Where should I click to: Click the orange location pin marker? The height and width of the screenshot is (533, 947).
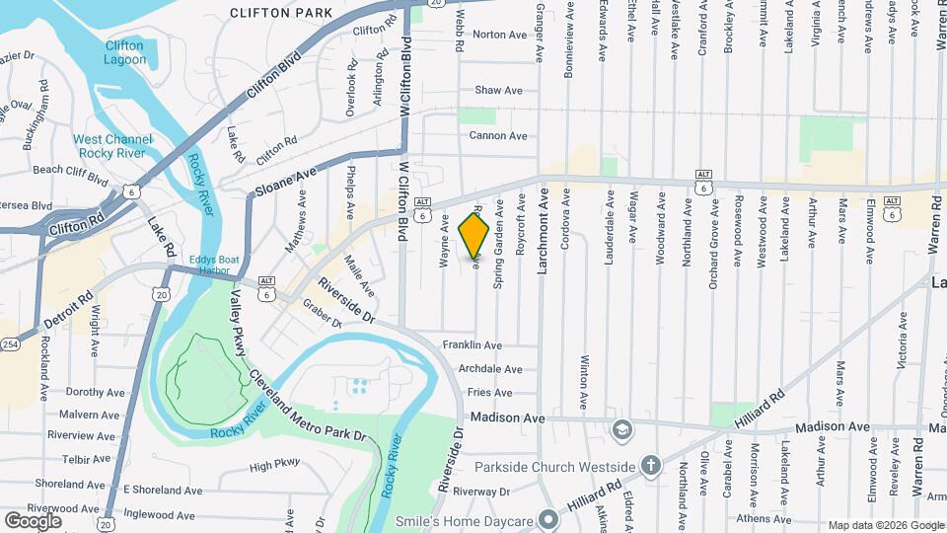coord(474,235)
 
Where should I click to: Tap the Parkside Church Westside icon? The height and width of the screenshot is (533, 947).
coord(650,465)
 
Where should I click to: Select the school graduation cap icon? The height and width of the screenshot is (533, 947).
coord(621,429)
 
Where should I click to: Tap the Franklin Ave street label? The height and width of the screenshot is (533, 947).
coord(472,345)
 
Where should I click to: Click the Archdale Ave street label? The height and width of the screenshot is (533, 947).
coord(490,369)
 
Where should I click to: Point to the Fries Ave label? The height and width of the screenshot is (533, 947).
coord(481,392)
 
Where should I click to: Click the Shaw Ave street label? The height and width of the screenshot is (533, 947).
coord(498,90)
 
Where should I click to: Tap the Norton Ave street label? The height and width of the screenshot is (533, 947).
coord(499,35)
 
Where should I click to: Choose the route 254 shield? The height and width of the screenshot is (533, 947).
coord(10,344)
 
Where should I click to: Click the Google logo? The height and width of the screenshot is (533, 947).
coord(34,519)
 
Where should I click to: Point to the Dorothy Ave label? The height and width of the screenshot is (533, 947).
coord(92,392)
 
